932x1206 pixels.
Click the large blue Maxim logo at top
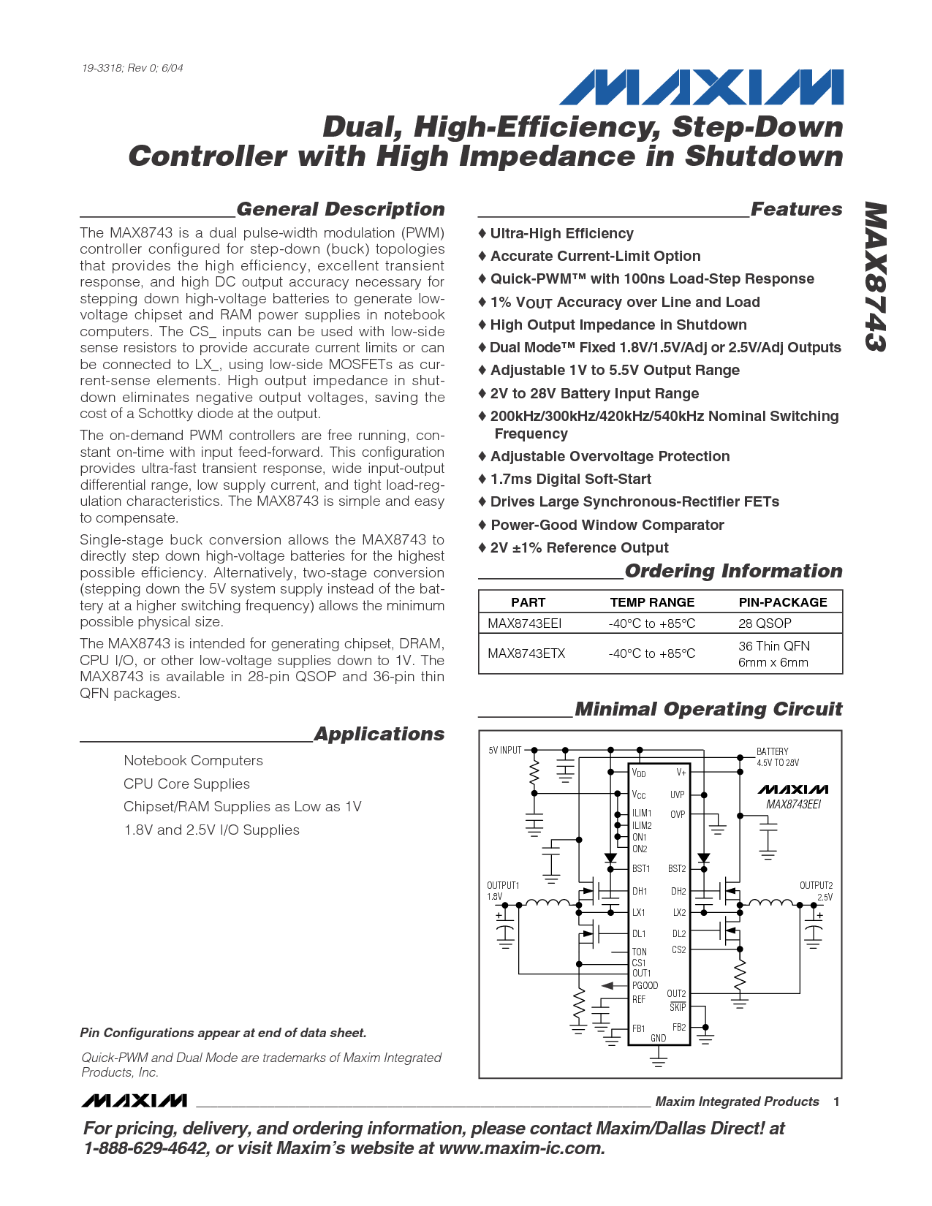coord(701,88)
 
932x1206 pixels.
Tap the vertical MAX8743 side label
coord(875,277)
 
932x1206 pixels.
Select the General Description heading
coord(340,210)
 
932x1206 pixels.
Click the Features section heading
coord(796,210)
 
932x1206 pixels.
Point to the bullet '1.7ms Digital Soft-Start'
coord(570,479)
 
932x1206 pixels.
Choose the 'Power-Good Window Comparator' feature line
coord(607,526)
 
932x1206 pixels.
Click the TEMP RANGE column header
coord(652,602)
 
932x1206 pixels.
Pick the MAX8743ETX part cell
coord(526,653)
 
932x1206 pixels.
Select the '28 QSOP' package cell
coord(765,623)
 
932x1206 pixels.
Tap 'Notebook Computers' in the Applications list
coord(193,761)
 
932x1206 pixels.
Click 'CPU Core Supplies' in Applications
coord(186,784)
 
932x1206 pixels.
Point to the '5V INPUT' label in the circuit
coord(505,751)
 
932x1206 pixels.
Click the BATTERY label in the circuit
coord(773,751)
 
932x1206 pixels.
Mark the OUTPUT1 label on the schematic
coord(503,886)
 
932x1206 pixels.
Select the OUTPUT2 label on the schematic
coord(816,886)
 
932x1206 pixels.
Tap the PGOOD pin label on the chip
coord(645,986)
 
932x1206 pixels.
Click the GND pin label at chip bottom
coord(658,1038)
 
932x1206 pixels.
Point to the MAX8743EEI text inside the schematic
coord(793,805)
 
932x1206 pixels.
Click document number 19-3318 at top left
coord(132,68)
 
